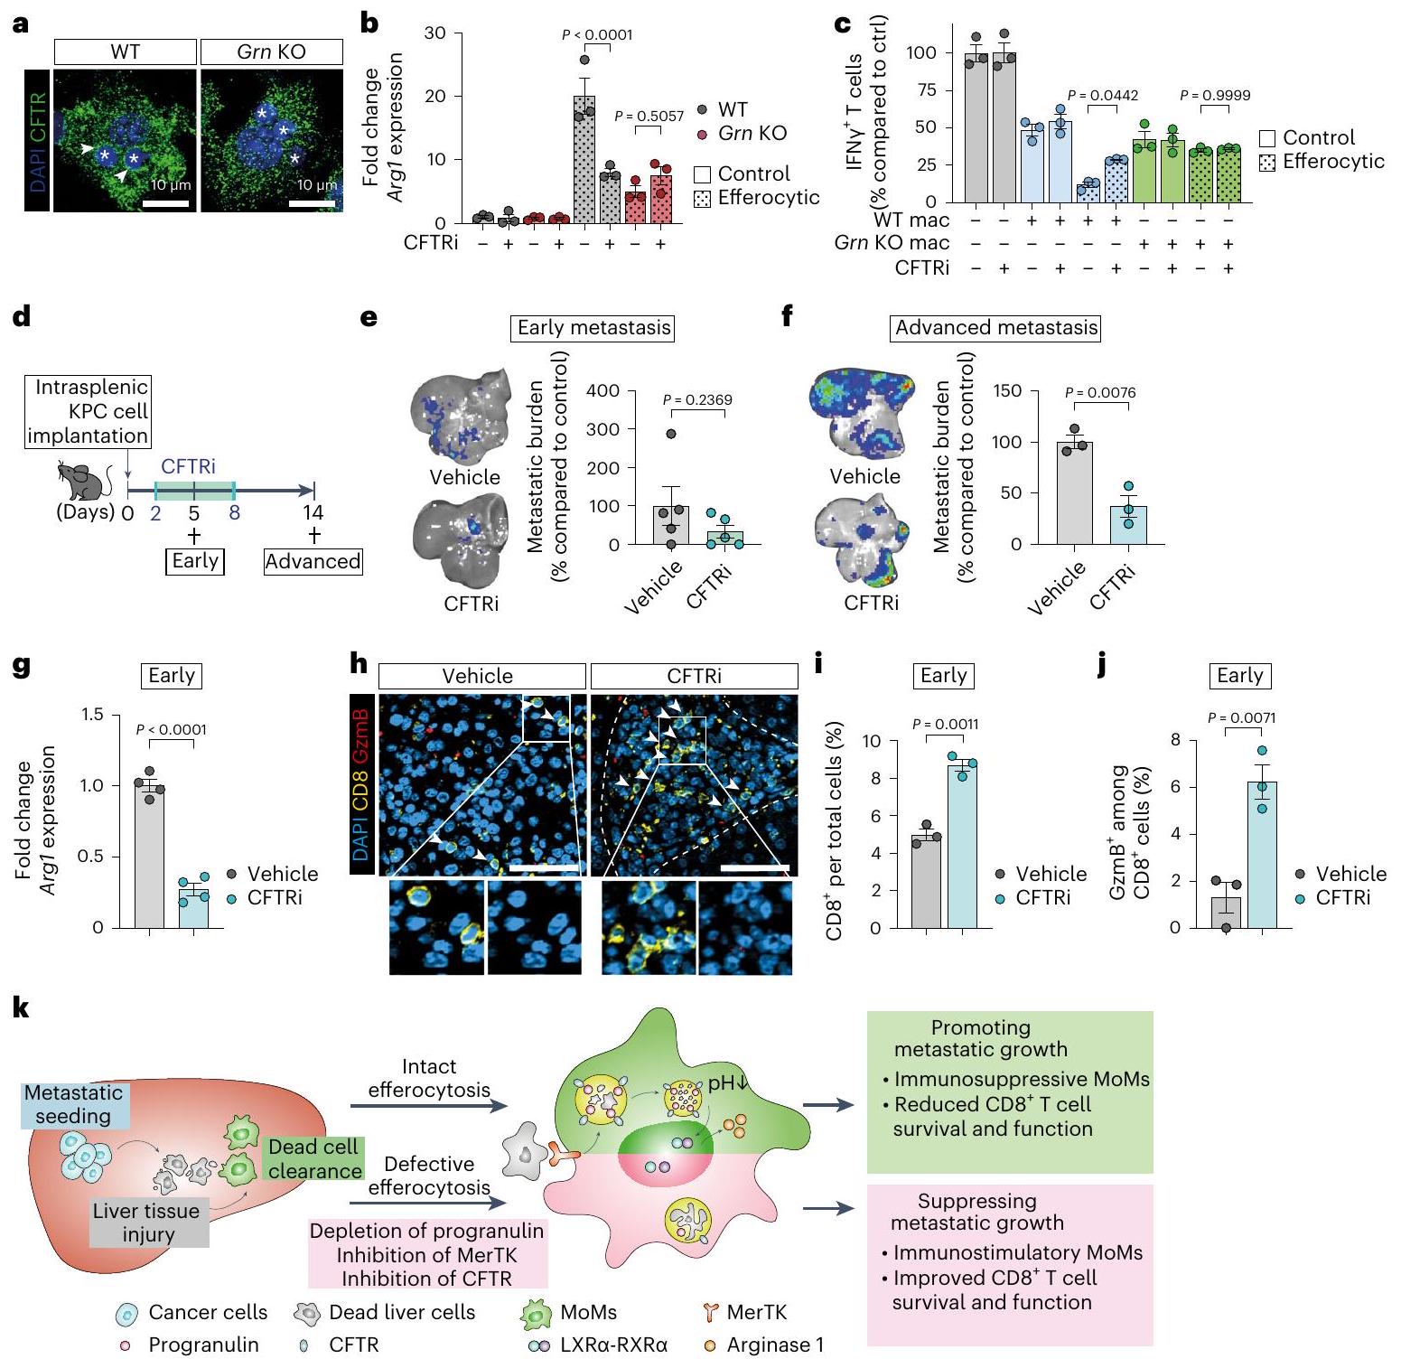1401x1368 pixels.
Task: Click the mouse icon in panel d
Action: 83,480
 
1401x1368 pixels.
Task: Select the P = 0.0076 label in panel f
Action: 1099,393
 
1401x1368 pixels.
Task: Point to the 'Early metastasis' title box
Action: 593,328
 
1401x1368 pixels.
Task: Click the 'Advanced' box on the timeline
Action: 313,561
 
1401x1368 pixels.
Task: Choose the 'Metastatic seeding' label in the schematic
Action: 74,1104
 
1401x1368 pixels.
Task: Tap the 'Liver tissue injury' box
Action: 148,1223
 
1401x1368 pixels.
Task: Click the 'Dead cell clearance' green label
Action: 315,1159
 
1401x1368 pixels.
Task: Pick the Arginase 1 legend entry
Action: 764,1345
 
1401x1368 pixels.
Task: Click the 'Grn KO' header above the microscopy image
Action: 271,52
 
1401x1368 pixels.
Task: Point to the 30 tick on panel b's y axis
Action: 435,33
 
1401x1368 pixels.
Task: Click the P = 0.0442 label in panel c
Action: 1102,95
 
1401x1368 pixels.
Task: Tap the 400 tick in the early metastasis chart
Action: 602,391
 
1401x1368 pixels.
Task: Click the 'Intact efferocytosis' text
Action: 429,1078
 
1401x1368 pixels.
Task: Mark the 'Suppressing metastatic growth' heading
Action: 976,1212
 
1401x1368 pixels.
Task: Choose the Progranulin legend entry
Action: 191,1345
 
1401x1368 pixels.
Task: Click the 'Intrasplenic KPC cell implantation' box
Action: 88,411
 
